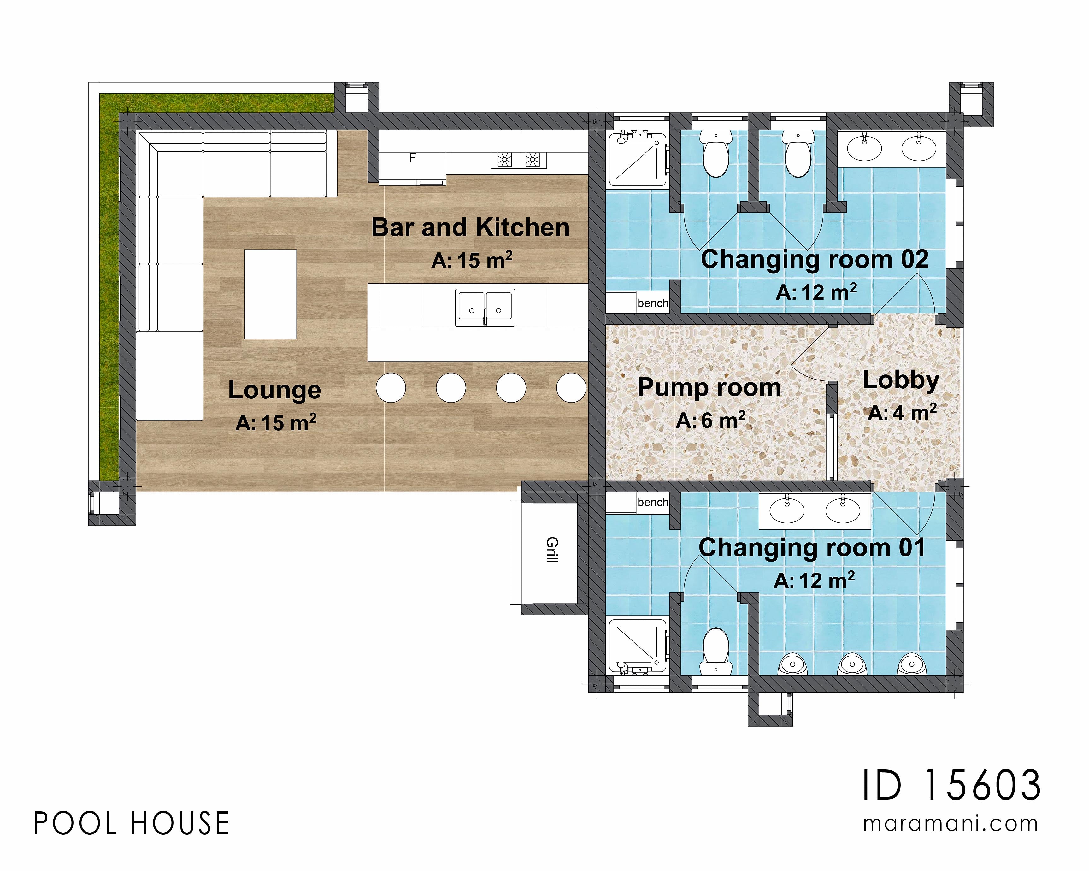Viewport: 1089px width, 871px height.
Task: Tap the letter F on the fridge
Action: pyautogui.click(x=412, y=158)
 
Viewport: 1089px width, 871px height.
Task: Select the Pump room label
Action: pyautogui.click(x=709, y=387)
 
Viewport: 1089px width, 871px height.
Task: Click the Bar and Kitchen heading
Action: pyautogui.click(x=470, y=227)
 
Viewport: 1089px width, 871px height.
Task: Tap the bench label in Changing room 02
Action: pyautogui.click(x=653, y=303)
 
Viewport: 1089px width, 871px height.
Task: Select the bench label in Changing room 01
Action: pyautogui.click(x=653, y=502)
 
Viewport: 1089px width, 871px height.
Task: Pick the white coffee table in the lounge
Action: pyautogui.click(x=270, y=294)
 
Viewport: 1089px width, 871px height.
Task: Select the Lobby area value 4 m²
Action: pyautogui.click(x=902, y=413)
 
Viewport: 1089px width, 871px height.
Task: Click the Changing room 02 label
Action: pyautogui.click(x=814, y=260)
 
